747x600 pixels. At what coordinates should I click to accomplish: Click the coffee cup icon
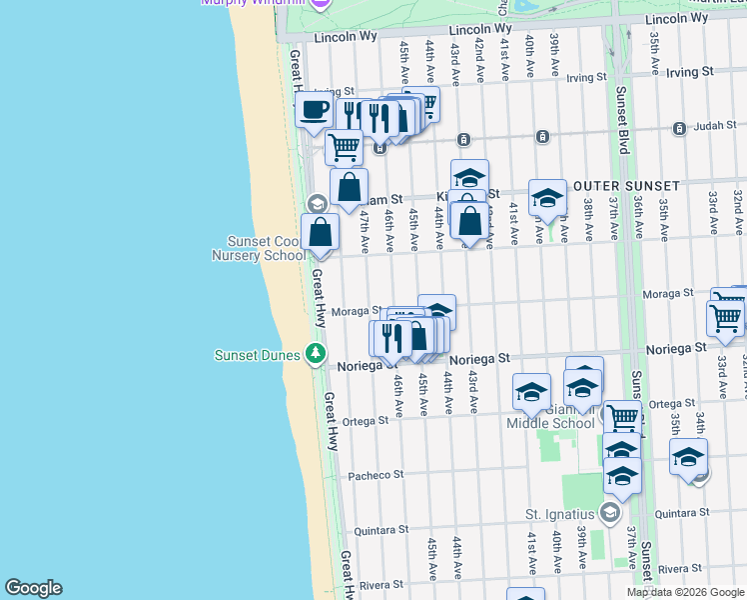314,110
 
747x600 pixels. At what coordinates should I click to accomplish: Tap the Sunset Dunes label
260,355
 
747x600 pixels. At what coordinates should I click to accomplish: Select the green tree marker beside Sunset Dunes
316,353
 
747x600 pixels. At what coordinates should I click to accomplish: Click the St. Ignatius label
560,514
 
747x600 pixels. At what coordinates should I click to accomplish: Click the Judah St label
713,128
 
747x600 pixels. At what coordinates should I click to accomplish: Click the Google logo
33,588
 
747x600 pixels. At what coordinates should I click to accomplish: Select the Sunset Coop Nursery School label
266,248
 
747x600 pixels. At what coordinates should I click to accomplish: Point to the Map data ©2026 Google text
685,592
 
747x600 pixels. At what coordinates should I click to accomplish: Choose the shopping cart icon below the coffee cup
344,147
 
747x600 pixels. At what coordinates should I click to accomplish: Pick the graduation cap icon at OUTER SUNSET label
547,198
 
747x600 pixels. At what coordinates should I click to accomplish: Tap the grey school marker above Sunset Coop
317,204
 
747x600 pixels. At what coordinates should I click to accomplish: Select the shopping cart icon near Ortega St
622,416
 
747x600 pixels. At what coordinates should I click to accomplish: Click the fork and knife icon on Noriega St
389,337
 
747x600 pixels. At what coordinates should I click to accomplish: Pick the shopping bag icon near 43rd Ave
470,219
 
